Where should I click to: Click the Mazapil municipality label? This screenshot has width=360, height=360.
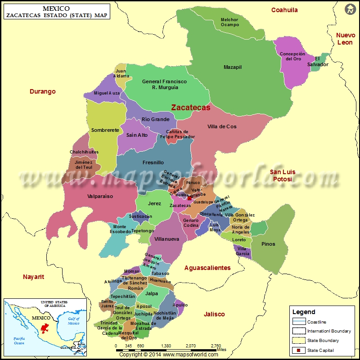pos(233,67)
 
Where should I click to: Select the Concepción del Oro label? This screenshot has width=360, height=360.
pos(292,56)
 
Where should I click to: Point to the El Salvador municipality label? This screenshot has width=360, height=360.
pos(321,62)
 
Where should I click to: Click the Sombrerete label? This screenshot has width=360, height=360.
pos(105,130)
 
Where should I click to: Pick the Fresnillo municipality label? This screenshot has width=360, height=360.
pos(153,162)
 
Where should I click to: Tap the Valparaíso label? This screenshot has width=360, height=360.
pos(100,196)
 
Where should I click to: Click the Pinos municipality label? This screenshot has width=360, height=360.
pos(268,244)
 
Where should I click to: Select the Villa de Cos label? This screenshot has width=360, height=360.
pos(222,126)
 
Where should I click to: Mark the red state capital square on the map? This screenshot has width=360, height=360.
pos(189,198)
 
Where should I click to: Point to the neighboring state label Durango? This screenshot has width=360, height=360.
pos(43,91)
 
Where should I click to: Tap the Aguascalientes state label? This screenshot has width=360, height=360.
pos(207,268)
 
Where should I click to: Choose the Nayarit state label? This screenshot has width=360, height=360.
pos(34,277)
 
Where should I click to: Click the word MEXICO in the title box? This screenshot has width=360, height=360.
pos(56,8)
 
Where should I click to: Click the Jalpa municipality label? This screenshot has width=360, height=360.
pos(152,293)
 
